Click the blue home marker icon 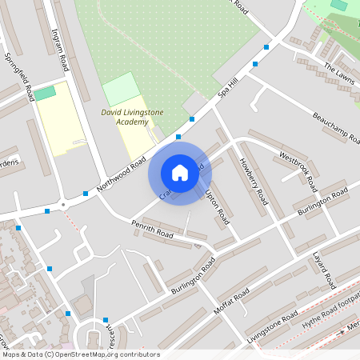click(x=180, y=172)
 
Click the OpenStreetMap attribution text click(x=80, y=354)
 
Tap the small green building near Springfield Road click(x=46, y=93)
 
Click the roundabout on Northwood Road click(x=64, y=203)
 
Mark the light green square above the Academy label click(x=121, y=88)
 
